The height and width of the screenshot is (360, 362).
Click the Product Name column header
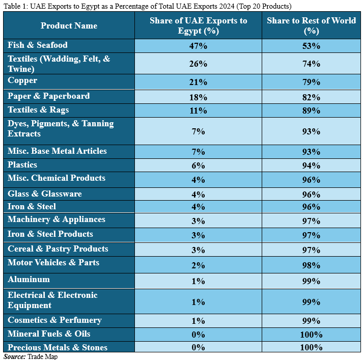click(x=69, y=25)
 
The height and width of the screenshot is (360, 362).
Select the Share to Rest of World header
click(x=311, y=25)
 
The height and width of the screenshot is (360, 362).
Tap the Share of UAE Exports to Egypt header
click(x=198, y=25)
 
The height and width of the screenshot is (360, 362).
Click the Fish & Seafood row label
click(x=38, y=45)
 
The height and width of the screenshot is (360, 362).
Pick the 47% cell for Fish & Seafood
click(x=198, y=46)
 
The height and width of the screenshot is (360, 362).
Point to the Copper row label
click(x=22, y=80)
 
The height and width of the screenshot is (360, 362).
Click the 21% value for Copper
click(x=198, y=82)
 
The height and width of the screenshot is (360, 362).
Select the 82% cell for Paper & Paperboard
click(x=311, y=97)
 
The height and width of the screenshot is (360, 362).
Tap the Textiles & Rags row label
click(x=38, y=110)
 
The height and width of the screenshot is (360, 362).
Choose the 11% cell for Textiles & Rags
click(x=198, y=110)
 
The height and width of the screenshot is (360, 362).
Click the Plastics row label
click(x=22, y=165)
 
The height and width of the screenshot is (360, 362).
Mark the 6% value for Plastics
click(x=198, y=165)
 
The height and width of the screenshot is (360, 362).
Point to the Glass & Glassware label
click(x=45, y=193)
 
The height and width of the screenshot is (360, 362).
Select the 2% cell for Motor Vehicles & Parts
click(x=198, y=265)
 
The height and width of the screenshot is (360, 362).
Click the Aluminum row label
click(x=29, y=279)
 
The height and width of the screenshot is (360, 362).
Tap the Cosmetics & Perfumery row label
click(x=54, y=320)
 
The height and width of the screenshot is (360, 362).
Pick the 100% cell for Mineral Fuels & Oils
click(x=311, y=335)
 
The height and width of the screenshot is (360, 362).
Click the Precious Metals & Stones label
click(x=58, y=347)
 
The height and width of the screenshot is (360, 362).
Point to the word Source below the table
click(x=14, y=356)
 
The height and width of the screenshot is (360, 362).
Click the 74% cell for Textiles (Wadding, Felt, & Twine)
click(x=311, y=64)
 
